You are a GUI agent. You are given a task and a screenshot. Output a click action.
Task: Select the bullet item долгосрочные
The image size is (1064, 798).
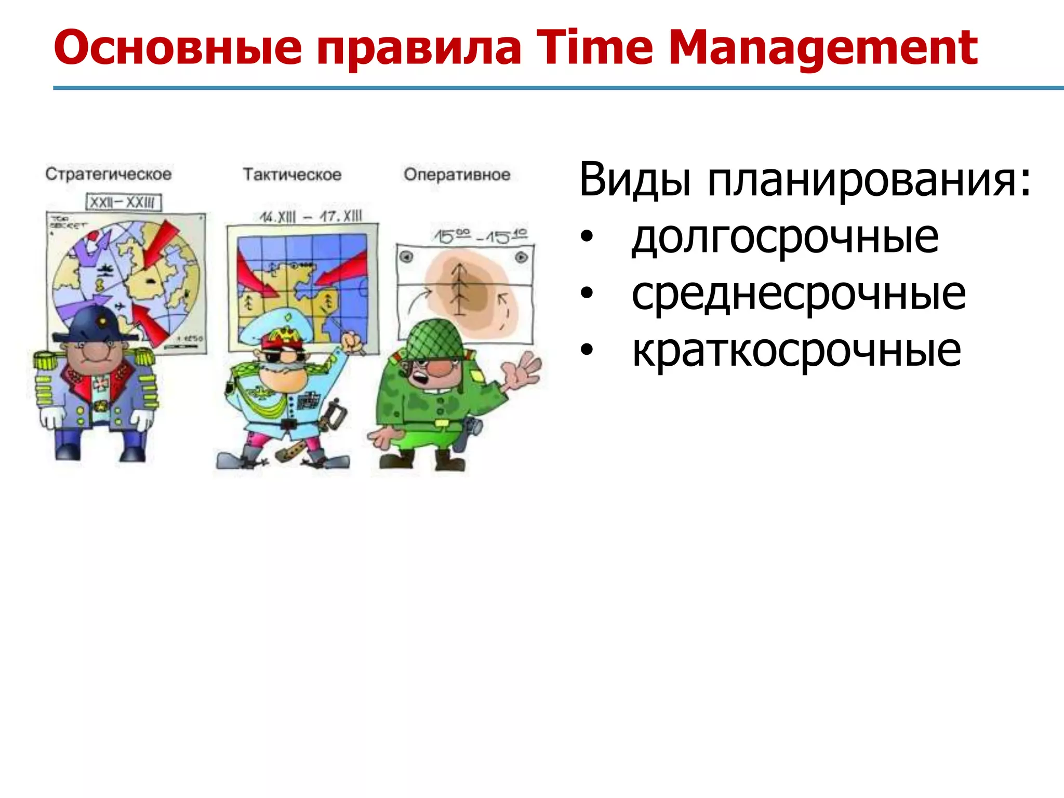pyautogui.click(x=784, y=237)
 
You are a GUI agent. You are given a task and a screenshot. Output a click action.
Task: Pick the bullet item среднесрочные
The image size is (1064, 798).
pyautogui.click(x=798, y=294)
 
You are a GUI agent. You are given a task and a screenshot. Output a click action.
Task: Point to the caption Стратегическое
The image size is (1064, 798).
pyautogui.click(x=108, y=174)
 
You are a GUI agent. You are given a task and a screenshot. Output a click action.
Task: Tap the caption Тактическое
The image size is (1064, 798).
pyautogui.click(x=292, y=175)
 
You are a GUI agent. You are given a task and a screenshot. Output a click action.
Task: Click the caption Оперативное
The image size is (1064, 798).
pyautogui.click(x=457, y=175)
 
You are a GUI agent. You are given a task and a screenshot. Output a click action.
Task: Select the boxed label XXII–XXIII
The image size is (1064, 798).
pyautogui.click(x=123, y=202)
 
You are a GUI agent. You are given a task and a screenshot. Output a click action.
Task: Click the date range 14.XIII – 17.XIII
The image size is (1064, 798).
pyautogui.click(x=310, y=216)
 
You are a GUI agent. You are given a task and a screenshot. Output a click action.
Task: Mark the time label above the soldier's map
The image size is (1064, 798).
pyautogui.click(x=481, y=236)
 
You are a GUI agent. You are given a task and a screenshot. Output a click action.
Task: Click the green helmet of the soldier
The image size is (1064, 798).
pyautogui.click(x=434, y=341)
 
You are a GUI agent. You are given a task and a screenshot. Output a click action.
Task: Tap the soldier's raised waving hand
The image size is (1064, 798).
pyautogui.click(x=522, y=371)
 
